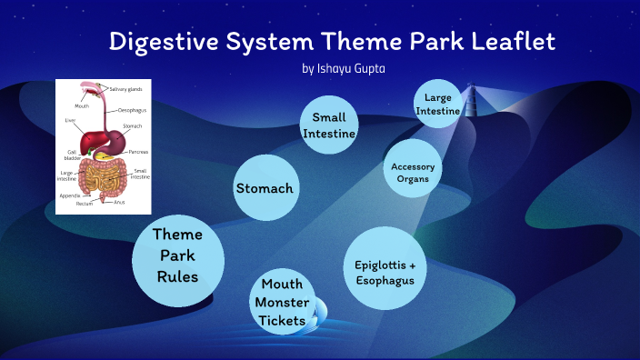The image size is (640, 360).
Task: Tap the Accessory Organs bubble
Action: [413, 173]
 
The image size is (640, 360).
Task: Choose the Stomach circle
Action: [265, 189]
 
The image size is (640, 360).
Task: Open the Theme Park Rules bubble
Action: [177, 255]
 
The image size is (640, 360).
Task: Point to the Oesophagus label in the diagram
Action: [132, 109]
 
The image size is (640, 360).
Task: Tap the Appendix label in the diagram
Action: [70, 195]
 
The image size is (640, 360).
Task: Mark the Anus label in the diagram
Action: [120, 202]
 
